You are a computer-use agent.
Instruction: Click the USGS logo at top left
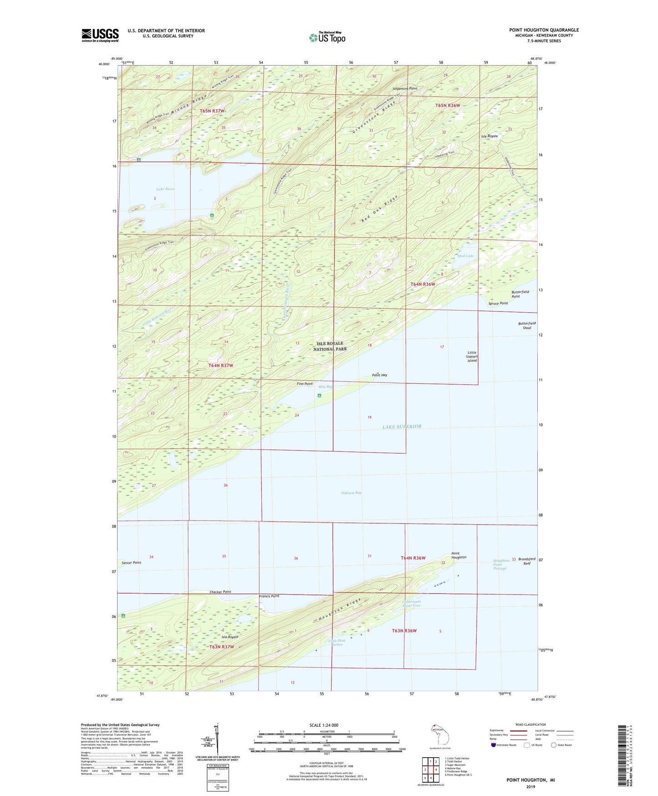(100, 35)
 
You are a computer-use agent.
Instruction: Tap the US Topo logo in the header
(327, 37)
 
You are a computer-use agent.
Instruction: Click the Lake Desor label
(165, 189)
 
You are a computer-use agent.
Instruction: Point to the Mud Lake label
(466, 256)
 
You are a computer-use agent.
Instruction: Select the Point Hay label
(379, 375)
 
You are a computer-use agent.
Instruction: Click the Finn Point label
(305, 384)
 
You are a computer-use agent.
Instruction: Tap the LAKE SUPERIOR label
(402, 427)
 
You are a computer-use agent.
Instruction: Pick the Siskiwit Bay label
(351, 493)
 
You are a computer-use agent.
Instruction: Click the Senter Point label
(131, 563)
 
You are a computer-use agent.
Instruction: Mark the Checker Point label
(220, 592)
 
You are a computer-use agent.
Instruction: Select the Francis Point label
(269, 596)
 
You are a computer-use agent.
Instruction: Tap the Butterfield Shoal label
(527, 326)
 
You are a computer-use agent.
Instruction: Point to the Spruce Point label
(498, 303)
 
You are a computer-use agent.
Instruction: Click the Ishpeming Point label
(405, 88)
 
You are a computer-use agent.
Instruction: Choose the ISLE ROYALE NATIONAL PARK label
(330, 346)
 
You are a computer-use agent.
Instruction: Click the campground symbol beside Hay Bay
(319, 395)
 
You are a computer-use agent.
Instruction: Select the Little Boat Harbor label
(337, 642)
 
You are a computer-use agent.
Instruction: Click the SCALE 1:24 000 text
(324, 725)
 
